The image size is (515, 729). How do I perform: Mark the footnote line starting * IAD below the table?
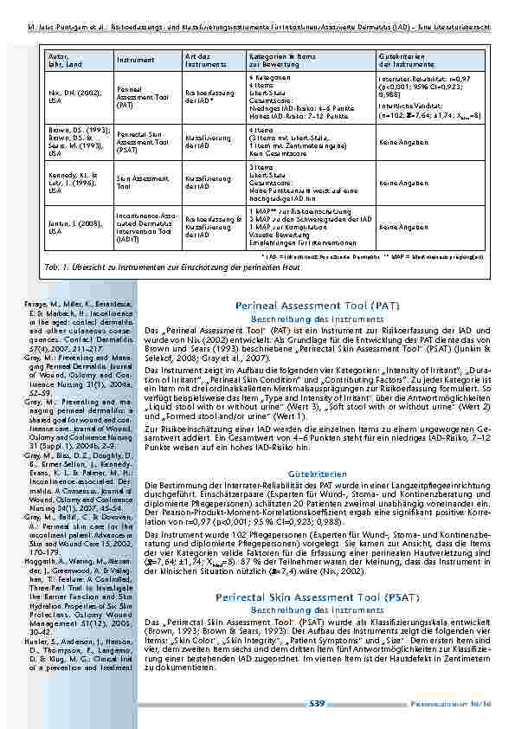coord(357,257)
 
